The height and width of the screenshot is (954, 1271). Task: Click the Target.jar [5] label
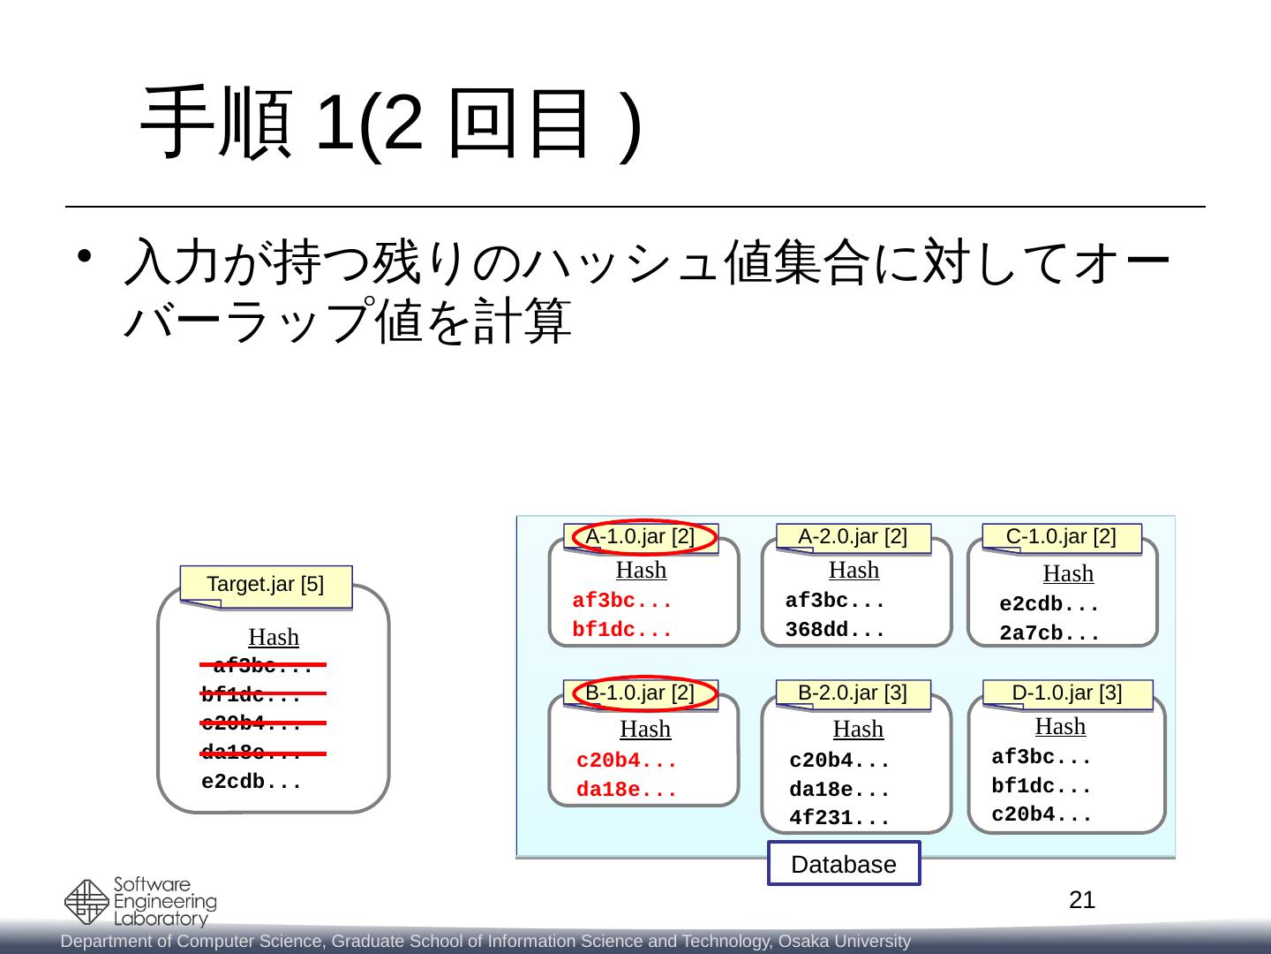click(x=266, y=584)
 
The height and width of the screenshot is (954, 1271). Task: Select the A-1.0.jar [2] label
click(x=641, y=536)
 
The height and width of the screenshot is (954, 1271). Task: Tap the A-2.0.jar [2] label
click(x=853, y=536)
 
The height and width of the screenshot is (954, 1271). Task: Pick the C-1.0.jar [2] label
click(x=1061, y=536)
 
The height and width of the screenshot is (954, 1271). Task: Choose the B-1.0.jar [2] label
click(x=641, y=693)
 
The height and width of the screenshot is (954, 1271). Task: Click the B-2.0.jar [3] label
click(x=853, y=693)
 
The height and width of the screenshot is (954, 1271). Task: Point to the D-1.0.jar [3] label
click(x=1067, y=693)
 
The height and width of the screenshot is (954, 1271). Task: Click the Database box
click(x=844, y=864)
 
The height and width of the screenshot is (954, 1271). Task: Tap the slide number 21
click(x=1082, y=900)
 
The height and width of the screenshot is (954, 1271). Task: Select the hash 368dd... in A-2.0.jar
click(x=835, y=631)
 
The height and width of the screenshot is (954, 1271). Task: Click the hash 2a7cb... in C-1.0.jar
click(x=1049, y=634)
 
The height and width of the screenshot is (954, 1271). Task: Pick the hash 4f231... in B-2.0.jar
click(x=839, y=818)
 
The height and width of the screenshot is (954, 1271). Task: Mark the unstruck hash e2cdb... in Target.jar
click(x=252, y=783)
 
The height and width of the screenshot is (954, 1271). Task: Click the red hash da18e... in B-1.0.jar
click(x=627, y=791)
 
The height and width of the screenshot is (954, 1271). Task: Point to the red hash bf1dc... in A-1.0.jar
click(x=622, y=631)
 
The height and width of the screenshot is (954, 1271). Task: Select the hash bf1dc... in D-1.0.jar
click(x=1042, y=786)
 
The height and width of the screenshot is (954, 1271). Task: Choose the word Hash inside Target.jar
click(x=274, y=637)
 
